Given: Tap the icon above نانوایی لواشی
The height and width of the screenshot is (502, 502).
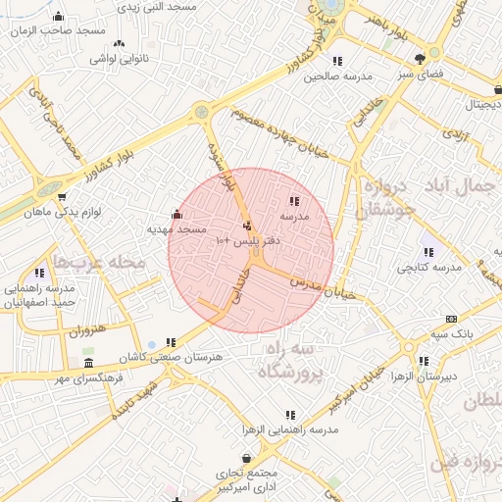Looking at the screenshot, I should (x=120, y=43).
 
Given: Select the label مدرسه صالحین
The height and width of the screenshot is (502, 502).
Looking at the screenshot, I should (x=339, y=75).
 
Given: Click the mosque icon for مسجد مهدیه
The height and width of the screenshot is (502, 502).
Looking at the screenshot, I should (x=176, y=215).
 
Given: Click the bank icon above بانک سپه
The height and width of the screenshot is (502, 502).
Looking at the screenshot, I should (x=451, y=319).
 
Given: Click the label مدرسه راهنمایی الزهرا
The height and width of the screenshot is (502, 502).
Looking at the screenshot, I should (x=289, y=430).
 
